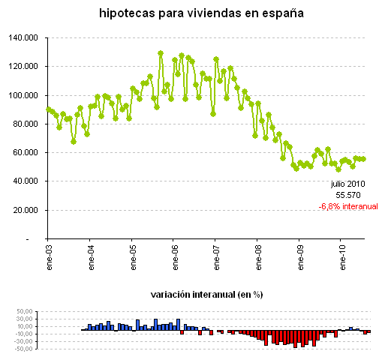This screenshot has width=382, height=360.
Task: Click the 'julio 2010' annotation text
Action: coord(348,182)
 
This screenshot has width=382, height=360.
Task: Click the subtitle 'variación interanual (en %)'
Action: coord(206,295)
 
